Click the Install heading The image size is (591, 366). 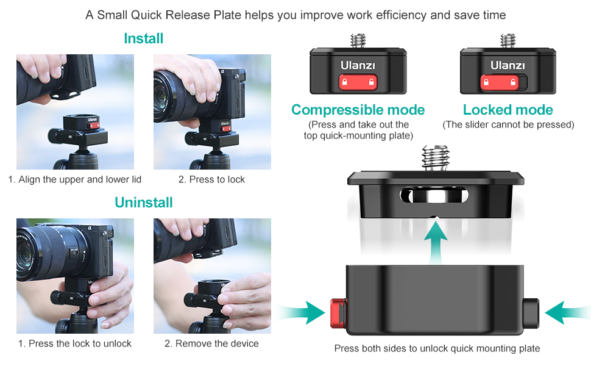tap(144, 38)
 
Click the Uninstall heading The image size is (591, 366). tap(144, 203)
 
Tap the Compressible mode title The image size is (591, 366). tap(358, 110)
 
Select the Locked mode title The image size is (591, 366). tap(508, 110)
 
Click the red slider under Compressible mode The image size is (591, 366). tap(358, 82)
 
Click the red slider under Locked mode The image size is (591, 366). tap(500, 82)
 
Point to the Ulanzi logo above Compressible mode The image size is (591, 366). tap(358, 66)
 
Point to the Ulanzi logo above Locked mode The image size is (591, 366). tap(508, 66)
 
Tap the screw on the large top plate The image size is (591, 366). tap(436, 158)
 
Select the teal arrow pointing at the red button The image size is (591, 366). tap(301, 312)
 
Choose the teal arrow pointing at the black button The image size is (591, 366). tap(568, 312)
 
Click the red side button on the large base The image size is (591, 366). tap(339, 313)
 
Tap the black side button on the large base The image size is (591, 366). tap(531, 313)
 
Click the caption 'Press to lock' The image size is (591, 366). tap(217, 179)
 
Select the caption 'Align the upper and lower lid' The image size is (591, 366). tap(80, 179)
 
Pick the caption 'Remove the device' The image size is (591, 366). tap(217, 344)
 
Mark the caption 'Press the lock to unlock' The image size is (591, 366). tap(80, 344)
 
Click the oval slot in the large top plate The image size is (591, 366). tap(434, 196)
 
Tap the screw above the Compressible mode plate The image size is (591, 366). tap(358, 40)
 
